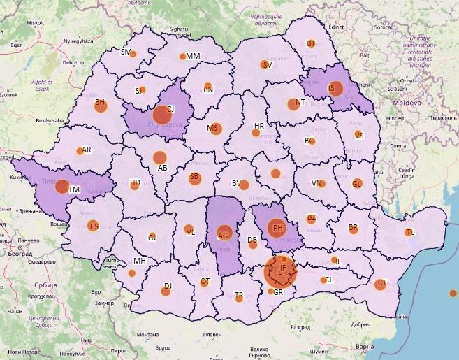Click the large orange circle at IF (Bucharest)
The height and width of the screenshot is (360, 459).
point(281,272)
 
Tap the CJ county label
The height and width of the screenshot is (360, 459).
point(170,109)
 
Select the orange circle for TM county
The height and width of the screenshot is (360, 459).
point(62,187)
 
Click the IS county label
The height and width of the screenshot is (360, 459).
point(333,88)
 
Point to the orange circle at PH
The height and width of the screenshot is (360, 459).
point(277,227)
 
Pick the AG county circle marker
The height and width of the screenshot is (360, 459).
point(224,233)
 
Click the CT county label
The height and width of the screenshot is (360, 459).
point(381,284)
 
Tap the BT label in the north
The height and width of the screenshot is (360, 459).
point(312,43)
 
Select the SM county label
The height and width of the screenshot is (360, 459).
point(126,52)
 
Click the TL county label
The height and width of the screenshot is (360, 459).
point(410,232)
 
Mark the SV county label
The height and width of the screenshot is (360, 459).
point(265,65)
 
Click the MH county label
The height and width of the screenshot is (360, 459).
point(139,261)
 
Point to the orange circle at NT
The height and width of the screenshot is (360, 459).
point(292,105)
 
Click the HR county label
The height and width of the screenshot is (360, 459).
point(259,126)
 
